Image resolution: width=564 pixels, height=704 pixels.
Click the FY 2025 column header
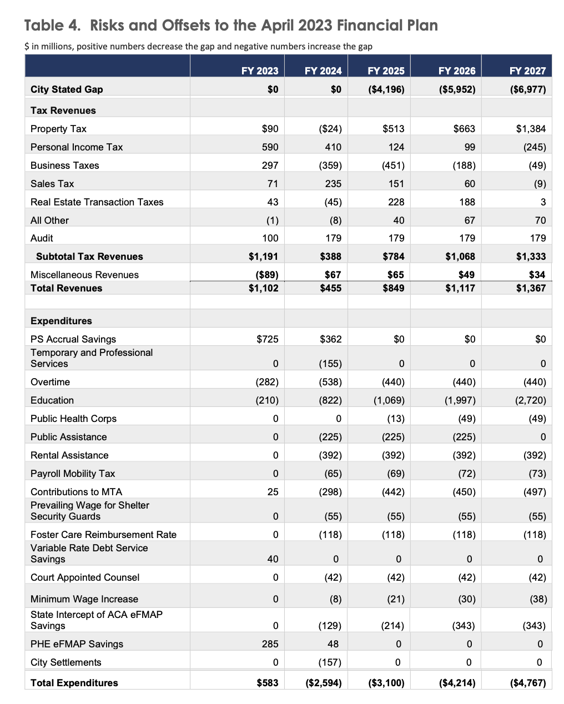click(386, 71)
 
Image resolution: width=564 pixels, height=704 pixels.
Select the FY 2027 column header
click(527, 71)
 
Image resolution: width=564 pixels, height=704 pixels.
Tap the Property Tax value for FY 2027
click(531, 129)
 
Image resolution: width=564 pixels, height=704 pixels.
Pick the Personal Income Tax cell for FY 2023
click(270, 147)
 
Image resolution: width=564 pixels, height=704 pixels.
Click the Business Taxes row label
click(64, 165)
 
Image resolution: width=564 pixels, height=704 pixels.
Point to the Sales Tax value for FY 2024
click(333, 184)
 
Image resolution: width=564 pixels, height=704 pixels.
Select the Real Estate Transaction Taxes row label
click(97, 202)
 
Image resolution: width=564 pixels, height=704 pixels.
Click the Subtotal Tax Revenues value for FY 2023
click(263, 257)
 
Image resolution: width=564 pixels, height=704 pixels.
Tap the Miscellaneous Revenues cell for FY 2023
click(266, 275)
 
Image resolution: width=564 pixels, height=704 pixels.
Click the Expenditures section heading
click(61, 321)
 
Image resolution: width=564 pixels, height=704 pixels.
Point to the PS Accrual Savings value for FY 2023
click(268, 339)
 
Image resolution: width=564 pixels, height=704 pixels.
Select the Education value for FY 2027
click(527, 400)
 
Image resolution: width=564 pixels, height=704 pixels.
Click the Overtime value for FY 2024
click(330, 382)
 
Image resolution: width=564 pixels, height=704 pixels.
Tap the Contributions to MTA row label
click(76, 492)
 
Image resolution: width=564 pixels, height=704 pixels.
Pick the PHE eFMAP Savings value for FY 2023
click(270, 644)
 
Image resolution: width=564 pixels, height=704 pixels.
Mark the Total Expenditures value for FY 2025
click(386, 683)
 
